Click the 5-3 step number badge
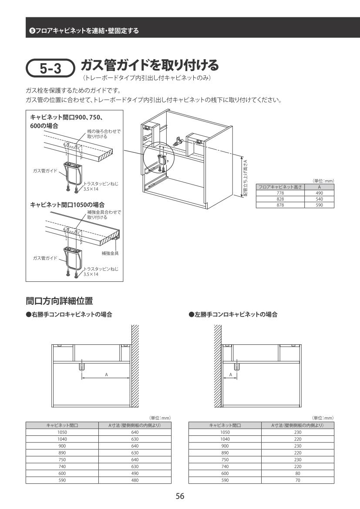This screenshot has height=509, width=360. tap(50, 68)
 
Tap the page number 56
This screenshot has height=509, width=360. tap(180, 496)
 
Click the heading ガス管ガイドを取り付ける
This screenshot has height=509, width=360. tap(149, 65)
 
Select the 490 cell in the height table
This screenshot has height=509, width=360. tap(320, 193)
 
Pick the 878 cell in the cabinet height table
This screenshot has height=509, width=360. tap(280, 205)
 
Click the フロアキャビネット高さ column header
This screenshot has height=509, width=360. tap(280, 187)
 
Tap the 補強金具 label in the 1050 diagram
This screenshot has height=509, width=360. tap(110, 253)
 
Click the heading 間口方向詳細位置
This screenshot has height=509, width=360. tap(59, 301)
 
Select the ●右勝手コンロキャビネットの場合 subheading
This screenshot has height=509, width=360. tap(69, 314)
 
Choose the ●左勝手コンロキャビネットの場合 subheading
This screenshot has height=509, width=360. tap(233, 314)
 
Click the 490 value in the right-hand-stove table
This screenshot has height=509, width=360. tap(135, 473)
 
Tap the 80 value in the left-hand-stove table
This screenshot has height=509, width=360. tap(298, 473)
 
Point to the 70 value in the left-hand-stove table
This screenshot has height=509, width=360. tap(298, 480)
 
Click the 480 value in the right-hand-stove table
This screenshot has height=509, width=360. tap(135, 480)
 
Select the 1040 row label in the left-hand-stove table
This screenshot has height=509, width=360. tap(225, 439)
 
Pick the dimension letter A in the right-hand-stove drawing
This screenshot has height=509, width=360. tap(106, 374)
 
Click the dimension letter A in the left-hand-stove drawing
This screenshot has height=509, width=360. tap(231, 374)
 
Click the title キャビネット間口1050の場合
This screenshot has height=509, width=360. tap(67, 205)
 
